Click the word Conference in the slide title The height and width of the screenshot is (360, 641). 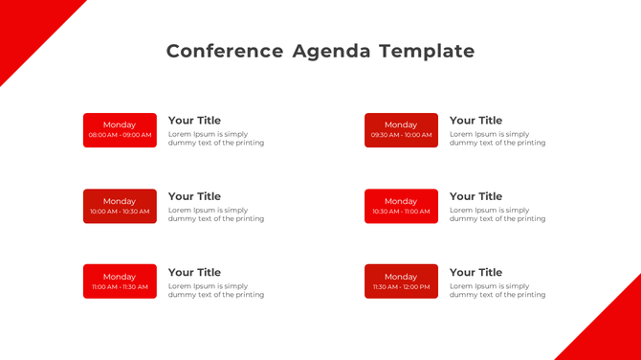(x=225, y=51)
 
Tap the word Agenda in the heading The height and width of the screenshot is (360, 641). (x=331, y=51)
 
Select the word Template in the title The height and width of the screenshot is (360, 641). (x=426, y=51)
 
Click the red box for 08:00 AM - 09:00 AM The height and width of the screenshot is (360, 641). (x=120, y=130)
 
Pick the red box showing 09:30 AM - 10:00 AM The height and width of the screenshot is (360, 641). (x=401, y=130)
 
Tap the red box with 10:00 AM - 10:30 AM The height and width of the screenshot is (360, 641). (x=120, y=206)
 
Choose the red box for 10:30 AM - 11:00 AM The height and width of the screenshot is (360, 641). (x=401, y=206)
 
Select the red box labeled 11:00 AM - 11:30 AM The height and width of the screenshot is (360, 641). (x=120, y=281)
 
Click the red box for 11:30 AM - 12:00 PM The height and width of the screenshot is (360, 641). (x=401, y=281)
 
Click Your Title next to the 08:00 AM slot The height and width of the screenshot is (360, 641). (x=194, y=121)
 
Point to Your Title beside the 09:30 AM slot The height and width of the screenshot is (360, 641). (x=475, y=121)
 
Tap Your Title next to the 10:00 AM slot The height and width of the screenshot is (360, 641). (x=194, y=196)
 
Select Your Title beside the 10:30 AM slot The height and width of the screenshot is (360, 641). (x=475, y=196)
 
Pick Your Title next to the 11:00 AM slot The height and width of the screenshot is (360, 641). (x=194, y=272)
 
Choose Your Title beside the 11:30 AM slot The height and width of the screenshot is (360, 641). (x=475, y=272)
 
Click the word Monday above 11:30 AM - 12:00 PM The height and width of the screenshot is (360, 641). (x=401, y=277)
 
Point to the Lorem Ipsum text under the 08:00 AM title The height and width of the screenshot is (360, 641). (x=215, y=139)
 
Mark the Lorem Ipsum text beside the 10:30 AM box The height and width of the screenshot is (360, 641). (x=497, y=214)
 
